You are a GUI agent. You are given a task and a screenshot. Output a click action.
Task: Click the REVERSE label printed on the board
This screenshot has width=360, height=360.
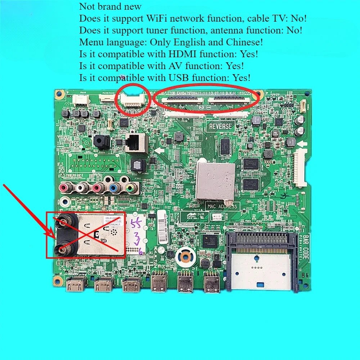[221, 126]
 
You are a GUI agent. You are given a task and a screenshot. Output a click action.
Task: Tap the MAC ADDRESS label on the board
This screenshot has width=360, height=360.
[222, 206]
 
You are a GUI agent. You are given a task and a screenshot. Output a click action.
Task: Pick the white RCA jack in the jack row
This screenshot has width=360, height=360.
[80, 187]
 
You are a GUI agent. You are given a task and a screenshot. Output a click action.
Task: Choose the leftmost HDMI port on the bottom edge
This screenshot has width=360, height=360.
[75, 285]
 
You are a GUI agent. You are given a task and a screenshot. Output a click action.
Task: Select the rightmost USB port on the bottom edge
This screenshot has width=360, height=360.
[212, 283]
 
